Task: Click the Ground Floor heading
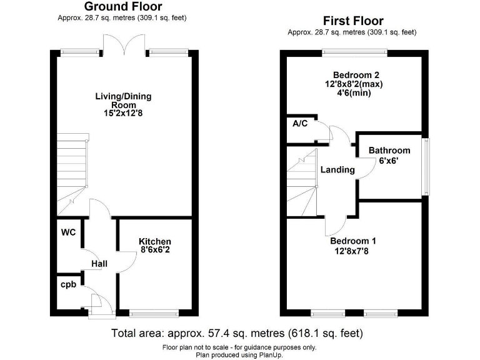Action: click(x=123, y=7)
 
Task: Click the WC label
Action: click(x=68, y=232)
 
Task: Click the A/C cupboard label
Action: click(x=301, y=123)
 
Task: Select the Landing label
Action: click(x=337, y=170)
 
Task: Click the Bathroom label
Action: click(x=389, y=151)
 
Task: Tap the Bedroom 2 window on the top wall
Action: click(x=354, y=52)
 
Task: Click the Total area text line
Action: click(x=237, y=333)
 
